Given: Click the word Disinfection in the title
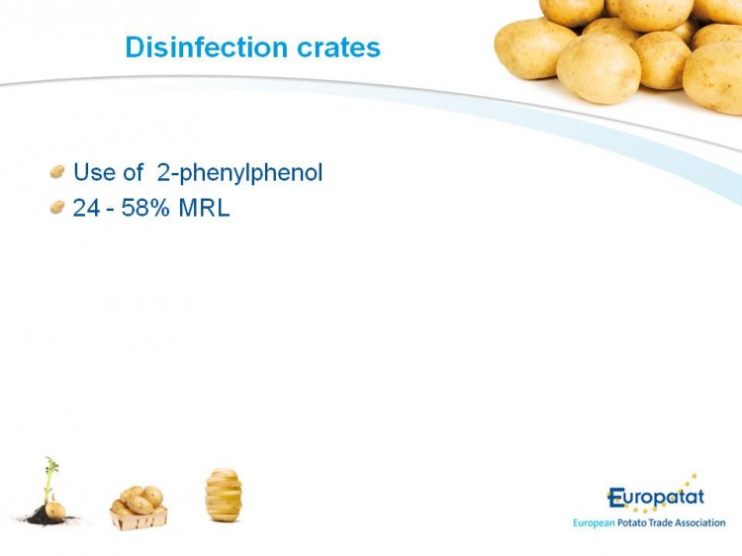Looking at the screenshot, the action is (207, 46).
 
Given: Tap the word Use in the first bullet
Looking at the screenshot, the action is (95, 172).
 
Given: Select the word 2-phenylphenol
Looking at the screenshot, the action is (239, 173).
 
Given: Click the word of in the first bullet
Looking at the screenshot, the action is (133, 172).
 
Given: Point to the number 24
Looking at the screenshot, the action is (86, 208).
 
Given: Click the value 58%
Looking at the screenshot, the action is (145, 208).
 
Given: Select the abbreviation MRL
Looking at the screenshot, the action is (204, 208).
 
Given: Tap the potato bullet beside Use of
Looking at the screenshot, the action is (57, 171).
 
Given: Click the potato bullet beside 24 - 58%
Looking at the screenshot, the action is (57, 207).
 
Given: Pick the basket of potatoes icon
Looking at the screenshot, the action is (139, 508).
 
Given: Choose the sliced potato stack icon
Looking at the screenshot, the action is (224, 495).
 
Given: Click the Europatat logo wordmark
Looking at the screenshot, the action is (656, 497).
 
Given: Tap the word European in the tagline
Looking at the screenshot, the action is (594, 523).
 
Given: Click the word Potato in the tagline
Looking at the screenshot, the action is (632, 522).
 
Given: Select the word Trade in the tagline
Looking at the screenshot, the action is (661, 522).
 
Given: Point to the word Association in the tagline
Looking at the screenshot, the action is (700, 522).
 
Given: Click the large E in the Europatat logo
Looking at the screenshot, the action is (615, 498).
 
